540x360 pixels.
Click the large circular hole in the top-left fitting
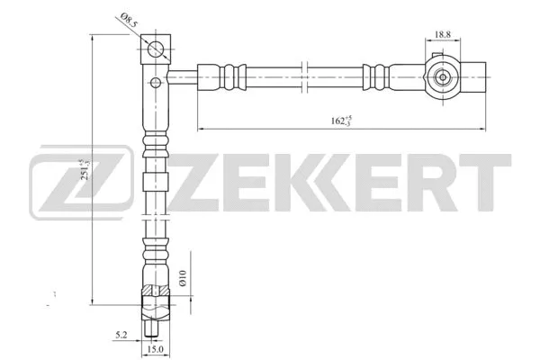[157, 49]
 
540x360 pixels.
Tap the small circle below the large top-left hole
[157, 83]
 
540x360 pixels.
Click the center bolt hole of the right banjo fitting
[444, 77]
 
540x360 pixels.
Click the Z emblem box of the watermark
[62, 186]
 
